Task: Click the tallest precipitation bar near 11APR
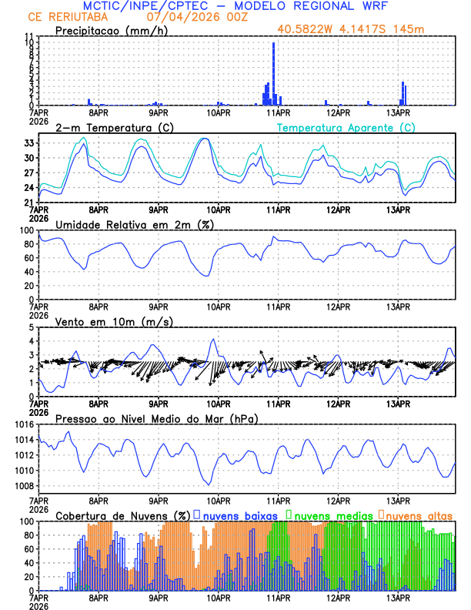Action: [273, 74]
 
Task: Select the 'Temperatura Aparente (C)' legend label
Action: [346, 128]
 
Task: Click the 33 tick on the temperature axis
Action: [28, 143]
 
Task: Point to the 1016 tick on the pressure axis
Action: [22, 424]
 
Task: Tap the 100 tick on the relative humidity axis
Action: [25, 230]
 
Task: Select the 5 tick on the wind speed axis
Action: [32, 327]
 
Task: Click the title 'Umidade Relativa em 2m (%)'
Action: [135, 224]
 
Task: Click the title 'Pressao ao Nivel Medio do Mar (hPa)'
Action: [156, 419]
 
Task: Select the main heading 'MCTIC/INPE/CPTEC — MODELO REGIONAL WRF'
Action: [235, 7]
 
